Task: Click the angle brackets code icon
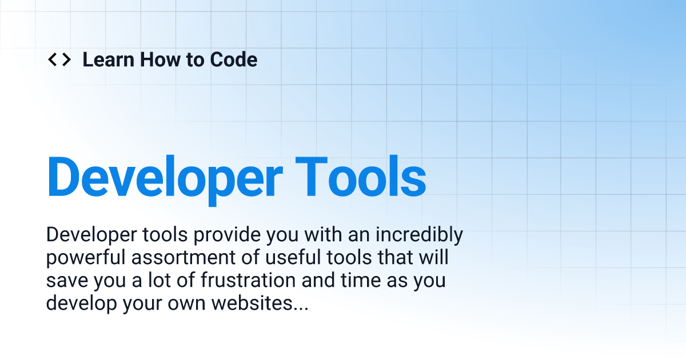tap(59, 59)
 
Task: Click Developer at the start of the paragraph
tap(89, 235)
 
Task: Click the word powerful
tap(86, 258)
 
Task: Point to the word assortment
tap(190, 258)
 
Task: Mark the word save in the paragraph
tap(65, 281)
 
